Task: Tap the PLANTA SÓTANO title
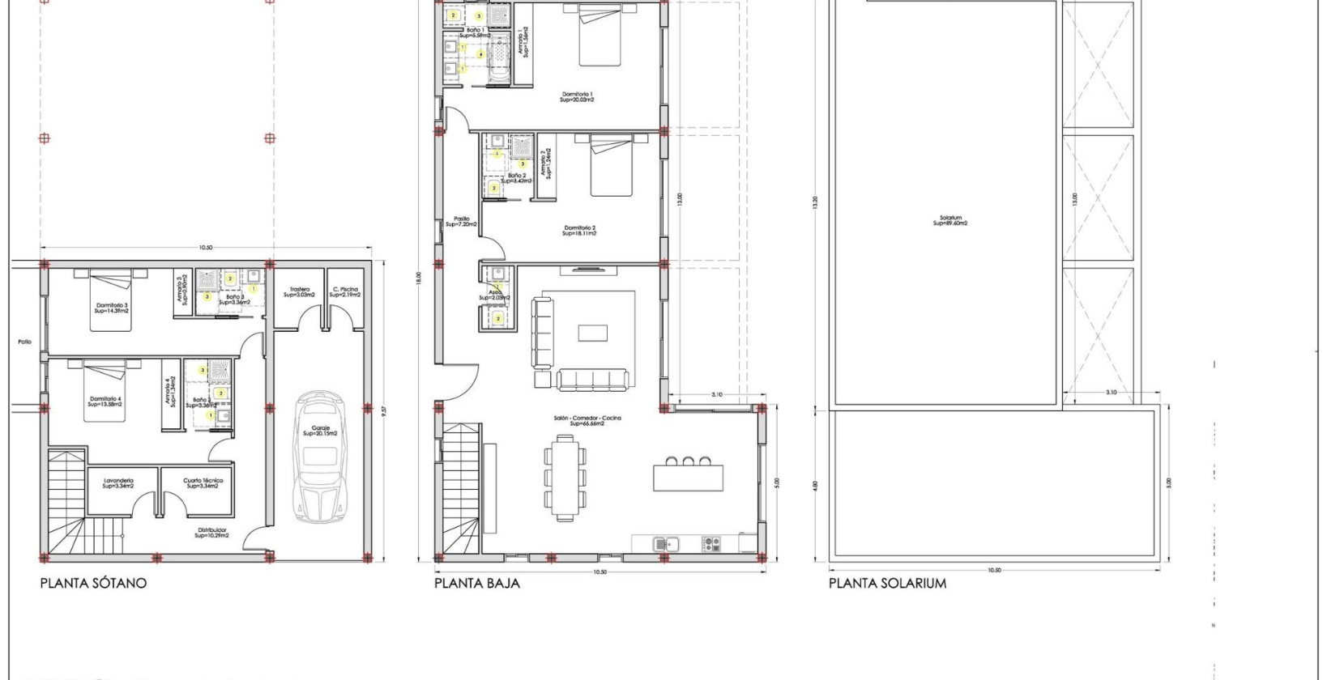point(93,583)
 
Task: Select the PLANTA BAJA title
point(476,583)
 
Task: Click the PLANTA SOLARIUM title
point(887,583)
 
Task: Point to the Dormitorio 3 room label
point(111,308)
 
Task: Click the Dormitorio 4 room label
point(105,401)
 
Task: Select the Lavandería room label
point(118,483)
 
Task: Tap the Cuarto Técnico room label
point(203,483)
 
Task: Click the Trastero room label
point(299,292)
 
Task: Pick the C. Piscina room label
point(345,292)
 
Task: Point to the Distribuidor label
point(211,533)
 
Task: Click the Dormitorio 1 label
point(577,97)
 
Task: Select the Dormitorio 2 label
point(579,231)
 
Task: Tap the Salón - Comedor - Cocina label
point(595,420)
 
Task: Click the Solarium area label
point(950,220)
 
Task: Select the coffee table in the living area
point(591,333)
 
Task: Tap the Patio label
point(24,342)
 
